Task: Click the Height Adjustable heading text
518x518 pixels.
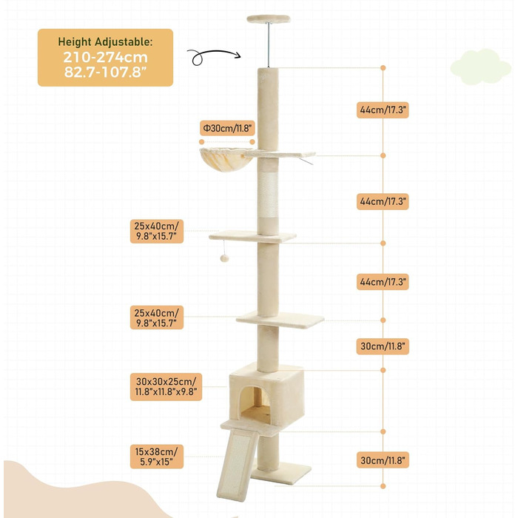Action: (x=105, y=42)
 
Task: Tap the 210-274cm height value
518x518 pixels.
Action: (x=105, y=57)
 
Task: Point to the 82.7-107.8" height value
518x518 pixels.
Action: (x=105, y=72)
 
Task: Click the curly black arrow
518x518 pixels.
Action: (x=214, y=56)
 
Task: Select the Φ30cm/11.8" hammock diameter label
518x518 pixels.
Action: (x=227, y=128)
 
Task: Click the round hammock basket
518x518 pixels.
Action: (x=226, y=159)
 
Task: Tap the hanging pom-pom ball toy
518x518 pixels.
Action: (x=225, y=258)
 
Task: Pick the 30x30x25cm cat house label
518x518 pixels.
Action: (x=166, y=387)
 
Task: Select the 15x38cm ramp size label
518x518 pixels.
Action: (x=157, y=457)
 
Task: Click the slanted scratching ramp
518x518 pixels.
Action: (x=238, y=465)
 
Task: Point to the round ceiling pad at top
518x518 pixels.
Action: (x=269, y=18)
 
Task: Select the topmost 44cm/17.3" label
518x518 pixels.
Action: (x=383, y=110)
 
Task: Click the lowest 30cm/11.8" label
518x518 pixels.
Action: (x=383, y=460)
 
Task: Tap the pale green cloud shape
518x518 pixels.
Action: (x=481, y=67)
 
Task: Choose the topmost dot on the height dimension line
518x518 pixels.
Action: (x=383, y=68)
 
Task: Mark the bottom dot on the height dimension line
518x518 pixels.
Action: (x=383, y=486)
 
